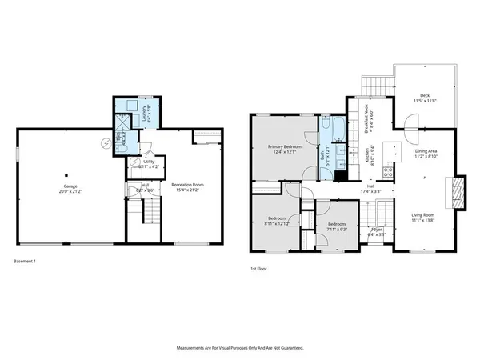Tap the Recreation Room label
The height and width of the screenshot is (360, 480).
click(187, 187)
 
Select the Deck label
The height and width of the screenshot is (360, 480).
click(425, 99)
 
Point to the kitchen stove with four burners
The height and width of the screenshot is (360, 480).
click(390, 170)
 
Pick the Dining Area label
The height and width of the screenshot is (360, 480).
click(425, 153)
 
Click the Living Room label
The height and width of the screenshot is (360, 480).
click(423, 217)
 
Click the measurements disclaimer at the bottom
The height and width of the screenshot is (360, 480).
click(239, 349)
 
